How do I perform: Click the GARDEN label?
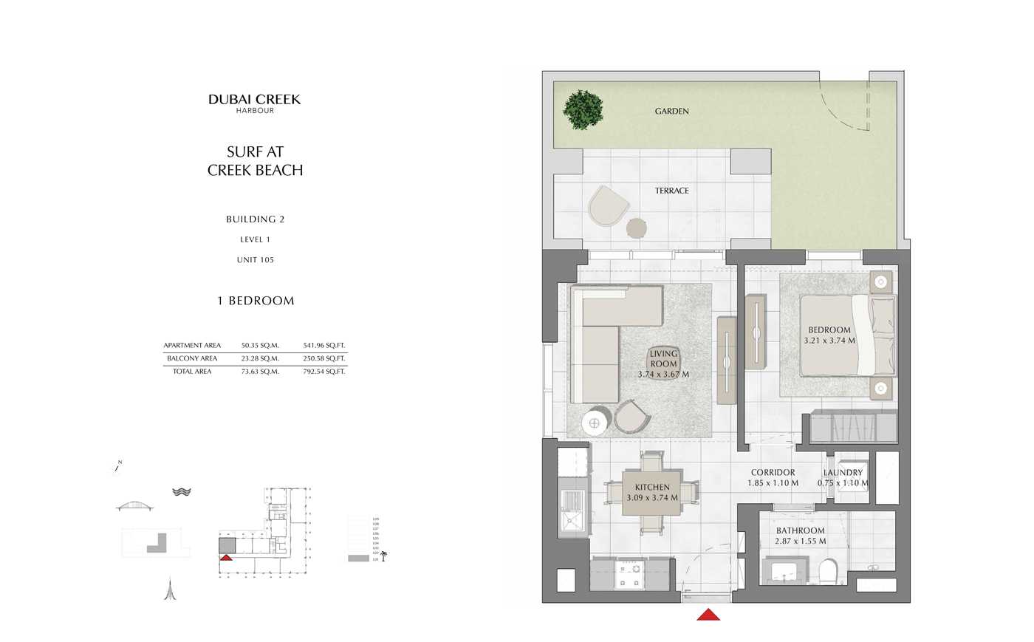671,112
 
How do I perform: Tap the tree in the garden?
583,110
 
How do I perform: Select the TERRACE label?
671,191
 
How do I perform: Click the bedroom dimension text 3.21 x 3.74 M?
829,341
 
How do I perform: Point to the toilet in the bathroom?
828,570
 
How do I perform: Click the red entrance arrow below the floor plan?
708,614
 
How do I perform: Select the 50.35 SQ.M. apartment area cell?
260,346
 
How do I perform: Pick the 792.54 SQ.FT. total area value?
323,372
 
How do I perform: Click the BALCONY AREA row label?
192,359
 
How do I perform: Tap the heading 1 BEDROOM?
256,301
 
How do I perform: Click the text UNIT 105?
255,260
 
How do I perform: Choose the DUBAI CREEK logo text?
254,100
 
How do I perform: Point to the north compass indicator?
117,467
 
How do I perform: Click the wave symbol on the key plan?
182,492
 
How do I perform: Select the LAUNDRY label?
843,473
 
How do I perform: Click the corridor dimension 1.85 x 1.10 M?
773,483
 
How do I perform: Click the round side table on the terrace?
637,228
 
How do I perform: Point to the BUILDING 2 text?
255,219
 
